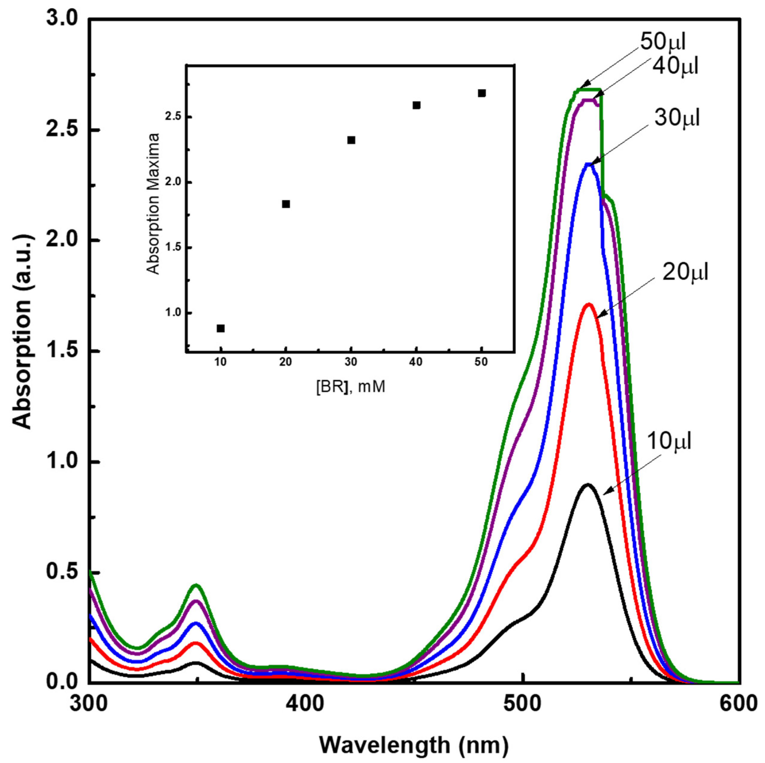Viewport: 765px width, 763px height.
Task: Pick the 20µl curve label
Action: click(685, 273)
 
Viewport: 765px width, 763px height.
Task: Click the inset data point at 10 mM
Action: click(220, 328)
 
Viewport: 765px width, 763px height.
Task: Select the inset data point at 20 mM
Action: click(286, 204)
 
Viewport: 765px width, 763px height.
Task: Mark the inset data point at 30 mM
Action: click(351, 140)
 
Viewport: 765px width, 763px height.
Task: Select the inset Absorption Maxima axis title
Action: click(153, 204)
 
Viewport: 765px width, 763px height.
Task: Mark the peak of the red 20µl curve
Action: click(589, 304)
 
